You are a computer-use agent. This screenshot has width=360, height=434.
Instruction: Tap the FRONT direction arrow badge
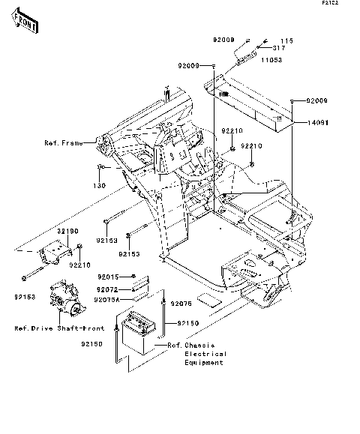(x=25, y=25)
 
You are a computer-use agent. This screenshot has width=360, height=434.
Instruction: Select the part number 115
(x=285, y=40)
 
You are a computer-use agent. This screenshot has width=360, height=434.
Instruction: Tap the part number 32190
(x=67, y=232)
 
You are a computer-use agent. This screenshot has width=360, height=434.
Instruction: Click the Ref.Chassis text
(x=186, y=345)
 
